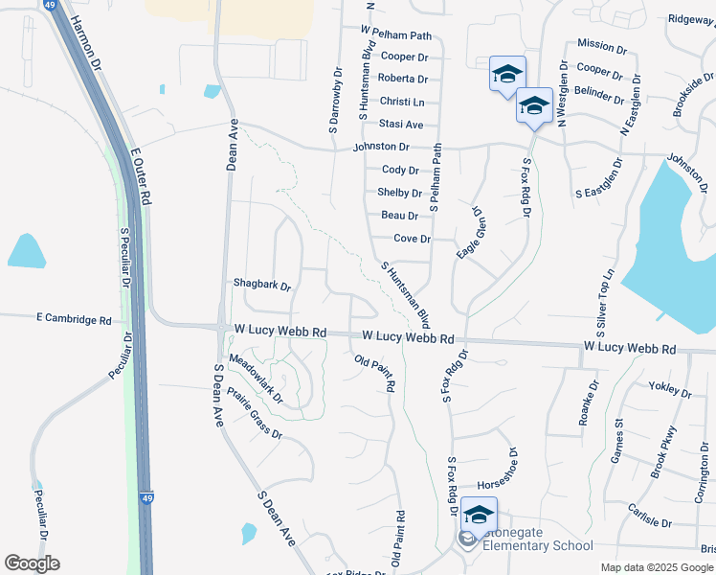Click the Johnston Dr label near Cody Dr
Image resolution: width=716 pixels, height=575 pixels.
click(x=381, y=147)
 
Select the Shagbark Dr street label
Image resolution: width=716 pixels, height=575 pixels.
click(x=261, y=285)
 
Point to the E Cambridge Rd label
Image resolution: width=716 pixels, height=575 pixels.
click(x=74, y=318)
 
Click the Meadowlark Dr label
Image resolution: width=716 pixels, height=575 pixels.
click(x=257, y=378)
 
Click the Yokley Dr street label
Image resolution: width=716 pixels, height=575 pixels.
click(x=670, y=390)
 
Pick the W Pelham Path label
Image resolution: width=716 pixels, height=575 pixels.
click(x=396, y=34)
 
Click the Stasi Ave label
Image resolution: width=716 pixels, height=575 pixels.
click(x=400, y=125)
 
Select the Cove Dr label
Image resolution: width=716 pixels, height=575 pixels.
click(x=413, y=239)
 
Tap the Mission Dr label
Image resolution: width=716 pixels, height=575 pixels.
click(x=602, y=45)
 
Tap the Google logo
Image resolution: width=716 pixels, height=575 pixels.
click(x=32, y=563)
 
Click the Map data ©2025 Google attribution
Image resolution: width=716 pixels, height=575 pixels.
click(x=656, y=567)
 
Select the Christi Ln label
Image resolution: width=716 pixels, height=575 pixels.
click(x=401, y=102)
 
